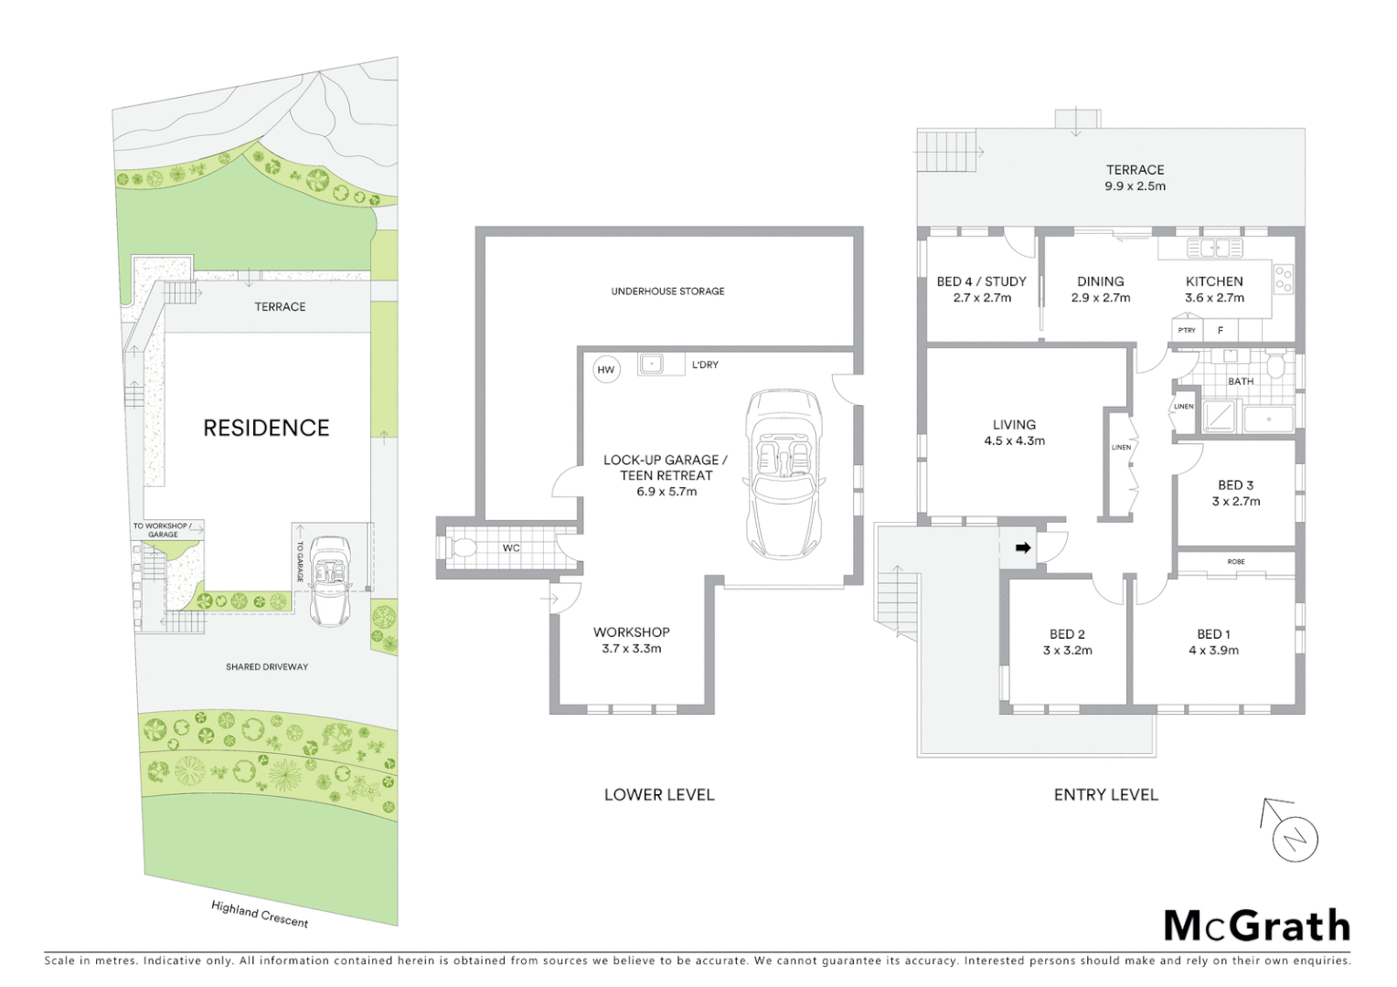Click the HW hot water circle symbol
605,369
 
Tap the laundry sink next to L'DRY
651,365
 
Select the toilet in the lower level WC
461,547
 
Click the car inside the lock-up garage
784,472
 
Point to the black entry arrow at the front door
1023,547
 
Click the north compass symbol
1295,838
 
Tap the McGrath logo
1256,926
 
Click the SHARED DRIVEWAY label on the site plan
267,667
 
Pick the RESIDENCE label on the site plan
266,428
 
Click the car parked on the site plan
329,580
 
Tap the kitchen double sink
1214,248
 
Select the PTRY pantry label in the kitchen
1187,330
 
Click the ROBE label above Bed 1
1236,561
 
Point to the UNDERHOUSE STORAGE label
667,292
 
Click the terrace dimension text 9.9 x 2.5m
1135,186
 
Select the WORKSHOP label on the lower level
631,632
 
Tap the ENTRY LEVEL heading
1105,795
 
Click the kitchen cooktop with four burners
1284,279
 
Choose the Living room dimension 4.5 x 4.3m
1014,441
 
